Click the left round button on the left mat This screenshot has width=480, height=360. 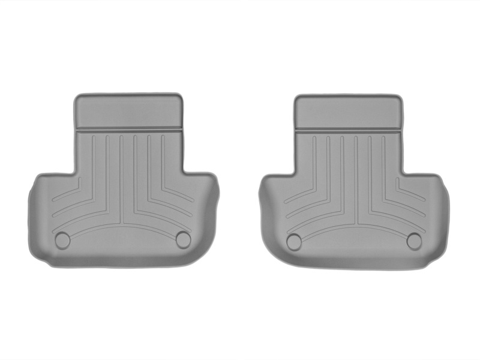click(62, 241)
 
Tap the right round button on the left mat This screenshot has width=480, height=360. click(183, 239)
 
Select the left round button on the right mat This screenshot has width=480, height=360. click(294, 242)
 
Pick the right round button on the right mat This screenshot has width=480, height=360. click(414, 241)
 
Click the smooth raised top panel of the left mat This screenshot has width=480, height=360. click(128, 112)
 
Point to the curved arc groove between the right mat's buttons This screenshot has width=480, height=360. click(354, 229)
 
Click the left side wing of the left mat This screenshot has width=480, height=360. click(45, 210)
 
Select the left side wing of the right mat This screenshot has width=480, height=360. click(273, 210)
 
